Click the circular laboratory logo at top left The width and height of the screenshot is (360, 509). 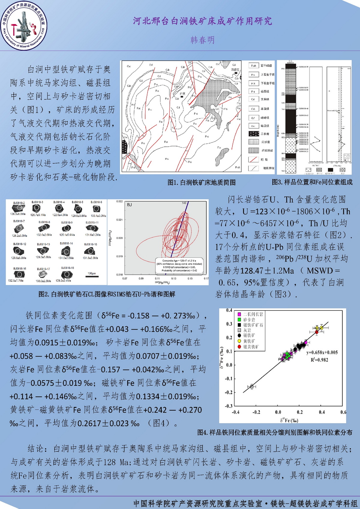tap(24, 26)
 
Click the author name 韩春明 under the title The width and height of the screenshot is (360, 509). tap(202, 40)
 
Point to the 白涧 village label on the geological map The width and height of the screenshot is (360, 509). tap(182, 94)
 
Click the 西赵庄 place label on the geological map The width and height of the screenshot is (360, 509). tap(235, 70)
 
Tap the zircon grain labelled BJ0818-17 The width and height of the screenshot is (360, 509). tap(43, 274)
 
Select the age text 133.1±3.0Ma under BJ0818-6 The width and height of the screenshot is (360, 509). tap(98, 215)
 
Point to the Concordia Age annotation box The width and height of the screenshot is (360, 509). tap(179, 265)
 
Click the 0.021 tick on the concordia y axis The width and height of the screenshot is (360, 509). tap(119, 220)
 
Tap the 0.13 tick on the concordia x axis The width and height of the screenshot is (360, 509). tap(174, 279)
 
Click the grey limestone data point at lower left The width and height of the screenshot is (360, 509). tap(252, 386)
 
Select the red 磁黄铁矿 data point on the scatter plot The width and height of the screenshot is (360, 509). tap(316, 332)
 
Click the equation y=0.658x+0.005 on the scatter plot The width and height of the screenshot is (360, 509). tap(322, 352)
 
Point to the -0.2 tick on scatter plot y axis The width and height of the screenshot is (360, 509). tap(229, 392)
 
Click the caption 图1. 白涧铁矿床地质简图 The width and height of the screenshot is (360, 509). tap(201, 182)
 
